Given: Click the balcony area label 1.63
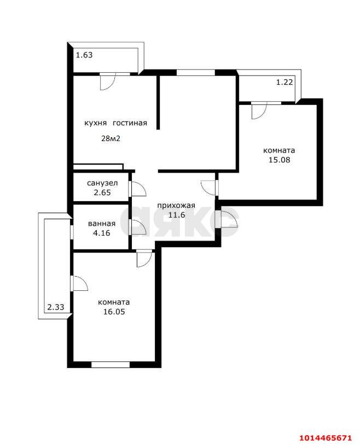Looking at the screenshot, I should tap(84, 55).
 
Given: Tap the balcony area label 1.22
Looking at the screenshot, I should tap(284, 82).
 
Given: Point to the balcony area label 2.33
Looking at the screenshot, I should tap(56, 308).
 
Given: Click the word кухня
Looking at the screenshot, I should tap(95, 123).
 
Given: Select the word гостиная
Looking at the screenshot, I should tap(130, 123).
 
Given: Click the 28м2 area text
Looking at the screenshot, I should tap(111, 138).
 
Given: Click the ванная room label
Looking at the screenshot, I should tap(101, 224).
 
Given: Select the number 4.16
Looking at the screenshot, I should tap(101, 233).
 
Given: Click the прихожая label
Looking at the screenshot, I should tap(176, 206).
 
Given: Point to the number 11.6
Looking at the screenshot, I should tap(176, 215).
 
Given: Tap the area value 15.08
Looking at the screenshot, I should tap(279, 160).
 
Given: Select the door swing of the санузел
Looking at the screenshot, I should tap(138, 189).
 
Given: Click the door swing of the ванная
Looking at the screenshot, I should tap(138, 226).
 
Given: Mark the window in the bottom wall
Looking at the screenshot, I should tap(110, 364).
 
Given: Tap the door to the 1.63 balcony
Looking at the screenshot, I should tap(107, 81).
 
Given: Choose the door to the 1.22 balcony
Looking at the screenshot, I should tap(258, 111).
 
